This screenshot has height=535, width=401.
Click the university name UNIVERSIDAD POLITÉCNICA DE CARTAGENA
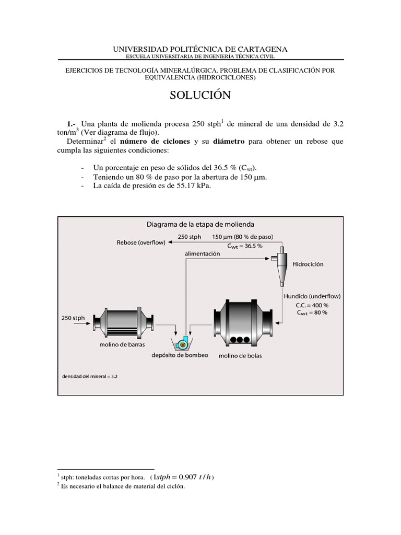point(200,49)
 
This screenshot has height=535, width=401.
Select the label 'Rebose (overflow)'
point(141,242)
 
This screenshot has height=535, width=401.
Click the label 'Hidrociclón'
point(308,264)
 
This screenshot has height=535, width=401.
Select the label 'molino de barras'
point(122,345)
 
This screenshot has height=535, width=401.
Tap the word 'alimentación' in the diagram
point(202,253)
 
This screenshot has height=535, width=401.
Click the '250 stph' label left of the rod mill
point(73,318)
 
